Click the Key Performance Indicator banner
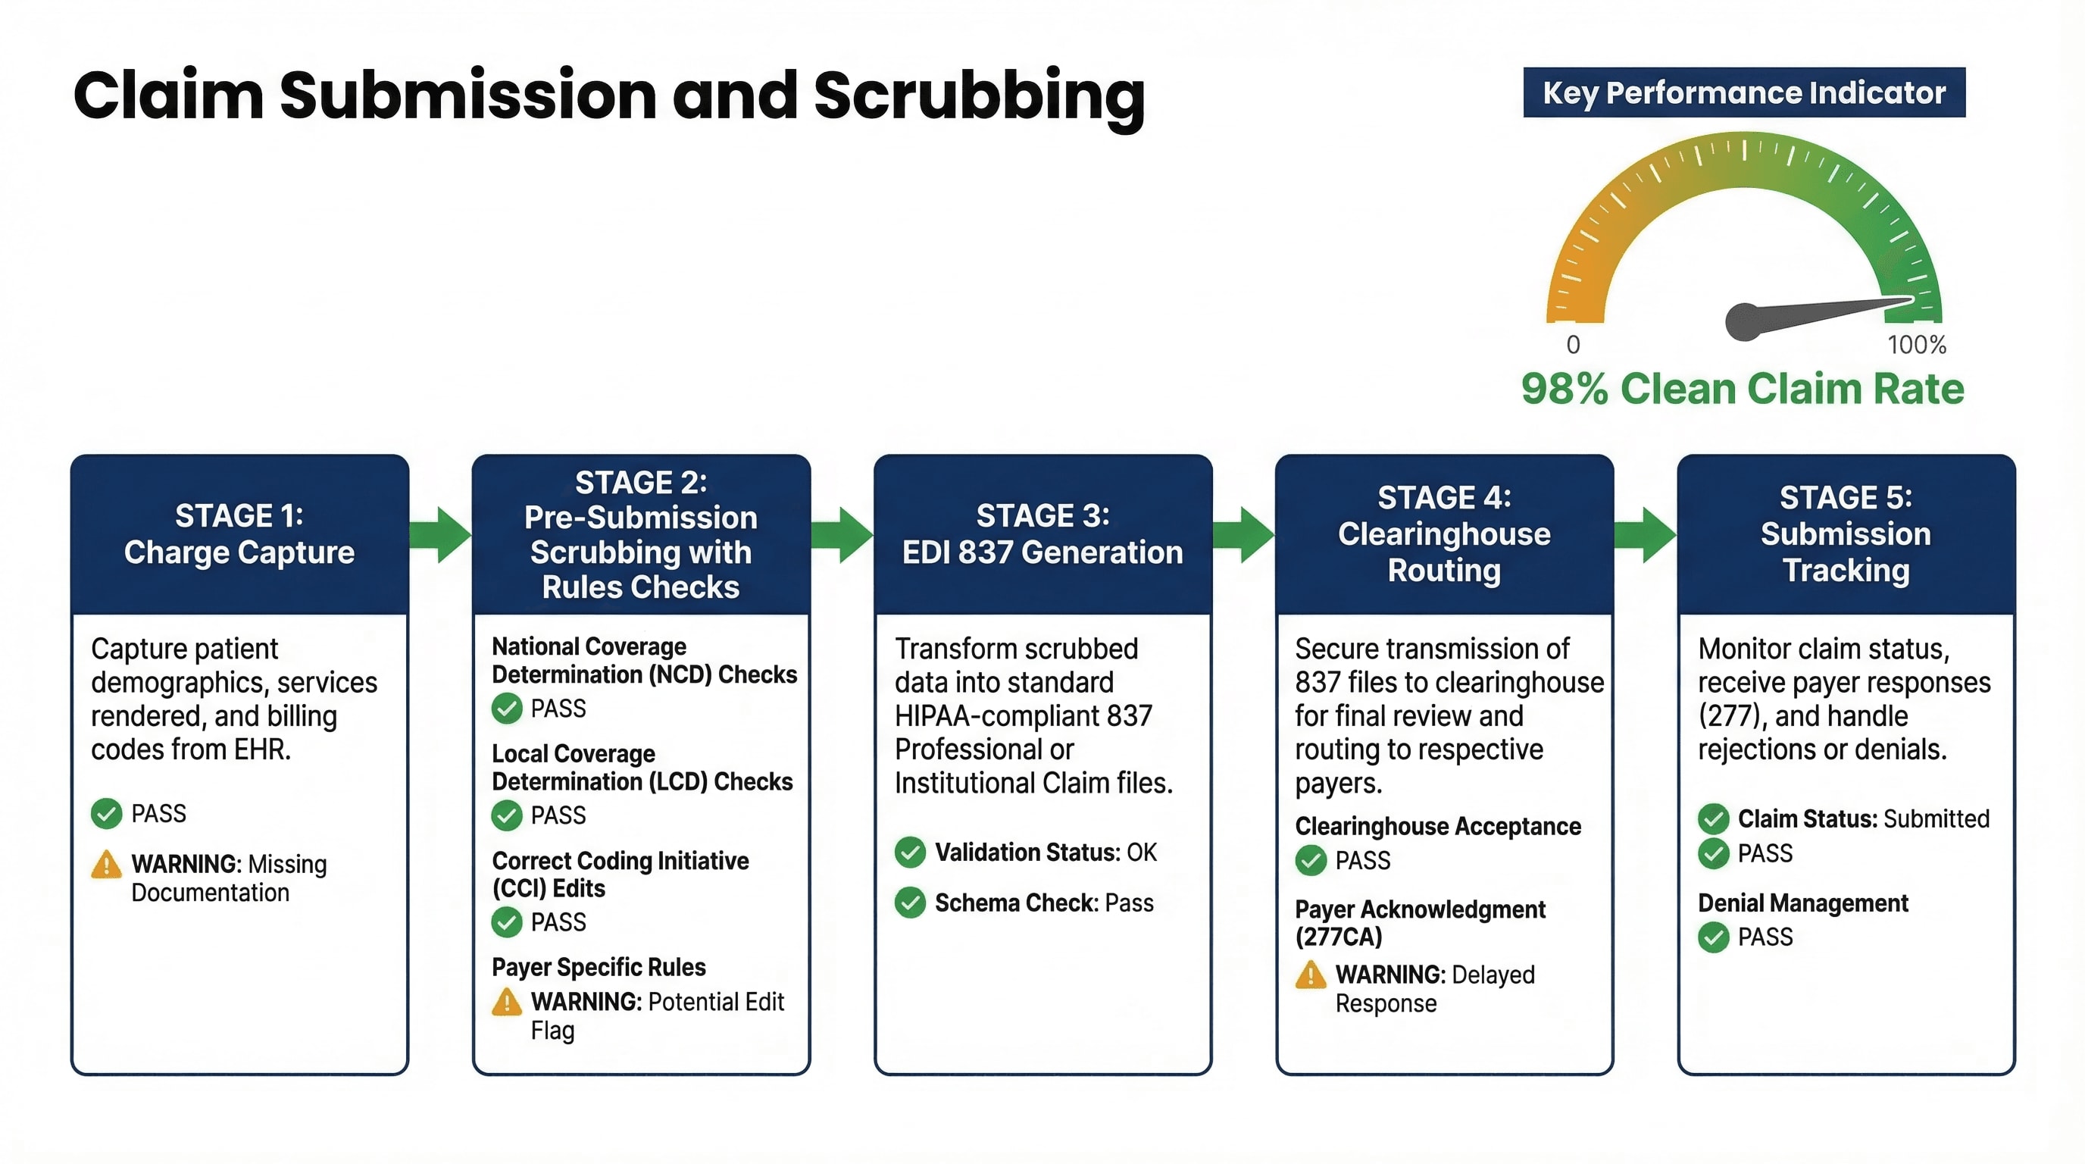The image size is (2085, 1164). point(1743,92)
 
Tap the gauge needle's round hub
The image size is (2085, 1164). point(1743,321)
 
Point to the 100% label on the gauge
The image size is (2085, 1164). point(1917,345)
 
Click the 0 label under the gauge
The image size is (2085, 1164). point(1573,345)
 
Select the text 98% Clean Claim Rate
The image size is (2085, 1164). point(1743,389)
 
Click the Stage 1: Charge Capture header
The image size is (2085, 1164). point(239,534)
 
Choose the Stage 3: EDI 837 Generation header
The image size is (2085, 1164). point(1042,534)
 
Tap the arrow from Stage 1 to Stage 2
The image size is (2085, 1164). point(440,534)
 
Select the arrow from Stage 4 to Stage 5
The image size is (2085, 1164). point(1646,534)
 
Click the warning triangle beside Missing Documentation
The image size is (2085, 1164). point(106,865)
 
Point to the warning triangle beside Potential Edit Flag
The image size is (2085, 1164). point(507,1002)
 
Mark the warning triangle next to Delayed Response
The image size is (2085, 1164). point(1311,975)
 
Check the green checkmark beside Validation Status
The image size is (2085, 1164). point(911,853)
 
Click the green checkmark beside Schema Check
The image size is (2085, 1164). point(911,903)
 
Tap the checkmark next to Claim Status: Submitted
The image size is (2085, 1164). point(1714,819)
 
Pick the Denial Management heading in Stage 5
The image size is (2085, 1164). point(1802,903)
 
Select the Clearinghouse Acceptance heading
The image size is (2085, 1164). point(1437,827)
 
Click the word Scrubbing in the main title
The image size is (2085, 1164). point(979,95)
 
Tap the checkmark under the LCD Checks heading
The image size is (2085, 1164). point(507,815)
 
